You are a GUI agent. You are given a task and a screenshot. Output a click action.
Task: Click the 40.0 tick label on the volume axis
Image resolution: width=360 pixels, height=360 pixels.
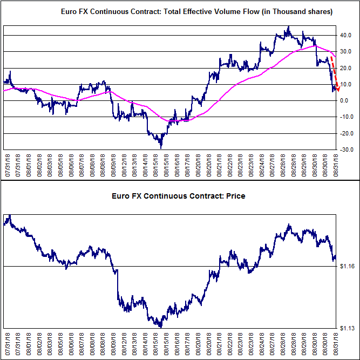coord(346,36)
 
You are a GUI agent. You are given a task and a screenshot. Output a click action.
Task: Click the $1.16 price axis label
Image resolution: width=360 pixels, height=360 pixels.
coord(347,266)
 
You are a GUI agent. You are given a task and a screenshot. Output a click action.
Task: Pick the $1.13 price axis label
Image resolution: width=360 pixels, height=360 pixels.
coord(347,328)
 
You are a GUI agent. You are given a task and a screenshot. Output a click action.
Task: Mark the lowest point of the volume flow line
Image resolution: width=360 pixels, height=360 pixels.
coord(161,148)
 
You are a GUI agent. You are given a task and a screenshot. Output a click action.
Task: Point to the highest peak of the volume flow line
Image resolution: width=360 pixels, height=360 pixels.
coord(289,26)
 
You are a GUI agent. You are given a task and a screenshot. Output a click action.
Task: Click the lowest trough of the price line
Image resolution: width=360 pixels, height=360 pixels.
coord(161,327)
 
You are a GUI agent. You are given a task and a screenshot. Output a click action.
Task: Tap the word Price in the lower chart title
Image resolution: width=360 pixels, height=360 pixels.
coord(235,196)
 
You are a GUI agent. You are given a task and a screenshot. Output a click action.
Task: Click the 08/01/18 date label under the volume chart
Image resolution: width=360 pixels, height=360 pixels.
coord(29,165)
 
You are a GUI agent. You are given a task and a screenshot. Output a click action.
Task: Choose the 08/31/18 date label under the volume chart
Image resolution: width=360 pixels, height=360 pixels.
coord(336,165)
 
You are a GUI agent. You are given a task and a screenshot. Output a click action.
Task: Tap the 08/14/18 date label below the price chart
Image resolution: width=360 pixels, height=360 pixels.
coord(145,344)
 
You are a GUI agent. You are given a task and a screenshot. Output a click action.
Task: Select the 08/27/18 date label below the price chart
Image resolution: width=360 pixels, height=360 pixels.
coord(273,344)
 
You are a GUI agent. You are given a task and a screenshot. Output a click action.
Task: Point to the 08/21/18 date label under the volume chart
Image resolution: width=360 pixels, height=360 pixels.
coord(219,165)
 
